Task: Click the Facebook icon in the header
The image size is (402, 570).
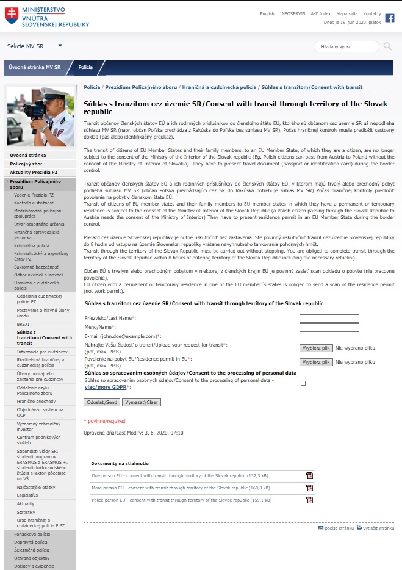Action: (390, 18)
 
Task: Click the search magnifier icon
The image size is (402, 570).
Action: (387, 46)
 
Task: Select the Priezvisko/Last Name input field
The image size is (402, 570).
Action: (329, 319)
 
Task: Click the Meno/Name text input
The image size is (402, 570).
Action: (329, 328)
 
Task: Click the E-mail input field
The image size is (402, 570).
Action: (329, 337)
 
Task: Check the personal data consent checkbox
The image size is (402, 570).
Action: (303, 383)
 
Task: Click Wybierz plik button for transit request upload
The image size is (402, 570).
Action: (316, 348)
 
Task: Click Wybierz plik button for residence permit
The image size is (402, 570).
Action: (316, 362)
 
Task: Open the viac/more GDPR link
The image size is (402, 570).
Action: (104, 387)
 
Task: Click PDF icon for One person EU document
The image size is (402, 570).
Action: (309, 475)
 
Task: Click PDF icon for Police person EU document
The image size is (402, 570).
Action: (309, 500)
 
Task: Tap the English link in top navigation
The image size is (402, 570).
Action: (267, 13)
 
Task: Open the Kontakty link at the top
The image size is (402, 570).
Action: (371, 13)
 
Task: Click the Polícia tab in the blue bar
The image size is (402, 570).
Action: (85, 67)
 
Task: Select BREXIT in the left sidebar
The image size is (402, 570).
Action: (25, 324)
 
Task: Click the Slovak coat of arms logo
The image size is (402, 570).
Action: (11, 16)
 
